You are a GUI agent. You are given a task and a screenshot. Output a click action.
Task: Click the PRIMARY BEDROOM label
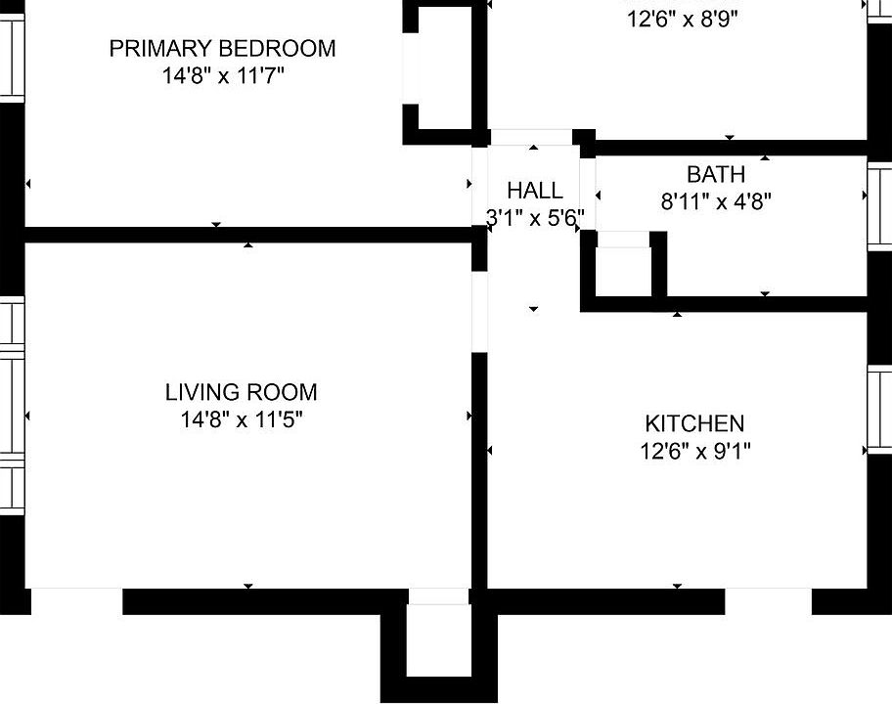pos(222,48)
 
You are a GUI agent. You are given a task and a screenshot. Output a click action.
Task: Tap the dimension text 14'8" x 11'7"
pos(222,75)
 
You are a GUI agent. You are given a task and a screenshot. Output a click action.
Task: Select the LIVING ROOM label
pos(241,393)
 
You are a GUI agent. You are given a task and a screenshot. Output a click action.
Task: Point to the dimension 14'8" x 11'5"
pos(241,420)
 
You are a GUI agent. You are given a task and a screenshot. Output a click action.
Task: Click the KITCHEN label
pos(693,424)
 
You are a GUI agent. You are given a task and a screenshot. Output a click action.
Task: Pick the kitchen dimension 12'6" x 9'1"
pos(693,451)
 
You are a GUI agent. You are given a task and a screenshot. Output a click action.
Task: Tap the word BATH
pos(715,175)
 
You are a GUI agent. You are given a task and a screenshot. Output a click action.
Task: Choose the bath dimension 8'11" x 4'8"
pos(717,202)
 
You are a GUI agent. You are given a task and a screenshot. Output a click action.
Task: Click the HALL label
pos(534,191)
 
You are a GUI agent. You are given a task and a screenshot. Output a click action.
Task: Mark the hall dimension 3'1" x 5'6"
pos(534,217)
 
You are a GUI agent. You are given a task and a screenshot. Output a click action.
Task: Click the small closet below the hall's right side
pos(623,271)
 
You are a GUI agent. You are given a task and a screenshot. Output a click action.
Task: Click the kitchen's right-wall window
pos(879,411)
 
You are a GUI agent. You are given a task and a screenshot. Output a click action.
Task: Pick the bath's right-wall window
pos(879,205)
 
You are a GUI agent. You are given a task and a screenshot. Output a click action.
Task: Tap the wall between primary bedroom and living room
pos(245,235)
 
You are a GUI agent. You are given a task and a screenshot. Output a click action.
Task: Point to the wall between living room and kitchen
pos(479,469)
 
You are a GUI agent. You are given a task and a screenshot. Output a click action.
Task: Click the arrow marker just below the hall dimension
pos(534,309)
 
